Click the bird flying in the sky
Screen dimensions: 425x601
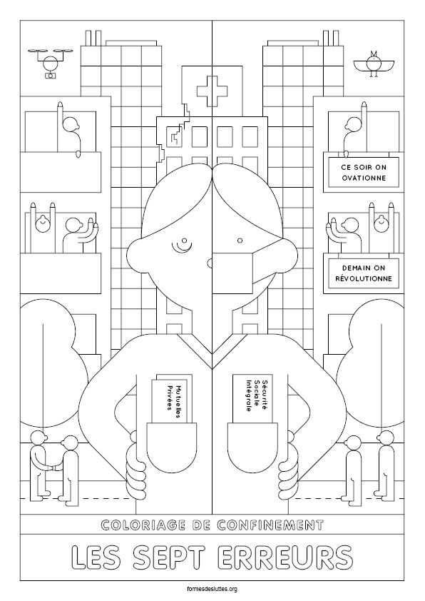pyautogui.click(x=372, y=64)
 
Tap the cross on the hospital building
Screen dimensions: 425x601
pyautogui.click(x=212, y=91)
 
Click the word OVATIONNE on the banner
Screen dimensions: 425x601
pyautogui.click(x=364, y=178)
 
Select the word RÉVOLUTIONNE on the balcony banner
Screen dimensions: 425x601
pyautogui.click(x=364, y=278)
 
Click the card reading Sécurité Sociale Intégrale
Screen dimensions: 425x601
pyautogui.click(x=252, y=398)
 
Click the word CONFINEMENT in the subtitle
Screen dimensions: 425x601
pyautogui.click(x=271, y=525)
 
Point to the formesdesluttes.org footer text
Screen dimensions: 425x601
pyautogui.click(x=212, y=589)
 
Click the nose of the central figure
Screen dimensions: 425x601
pyautogui.click(x=209, y=263)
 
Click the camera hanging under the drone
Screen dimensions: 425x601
pyautogui.click(x=50, y=75)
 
